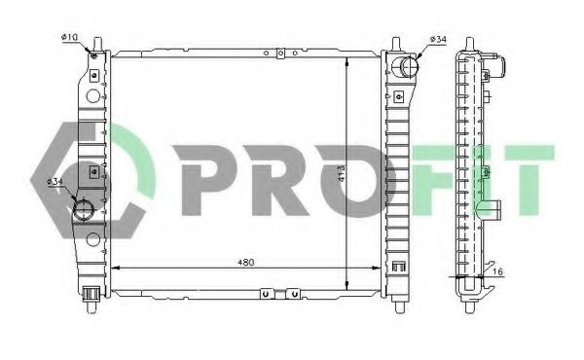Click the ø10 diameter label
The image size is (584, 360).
pos(69,37)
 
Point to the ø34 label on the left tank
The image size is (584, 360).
pos(55,181)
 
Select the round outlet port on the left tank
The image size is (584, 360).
pos(84,209)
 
